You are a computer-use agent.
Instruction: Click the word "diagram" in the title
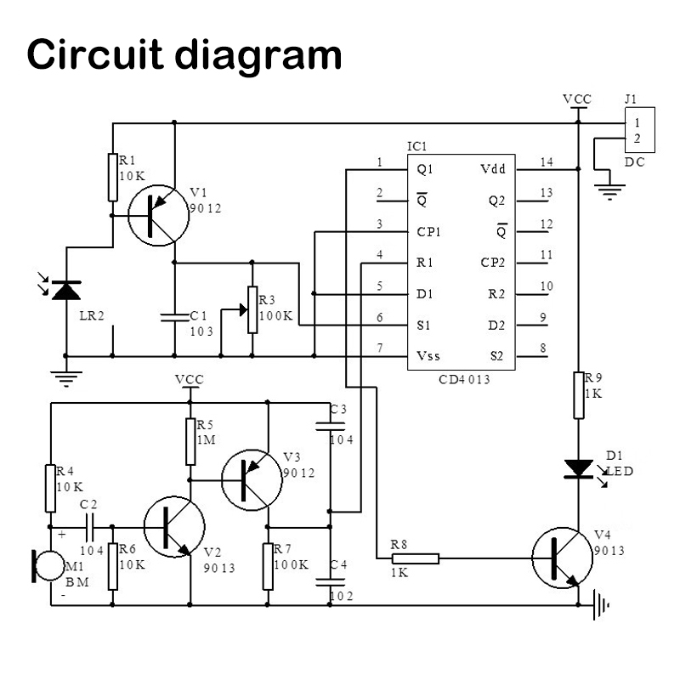(259, 55)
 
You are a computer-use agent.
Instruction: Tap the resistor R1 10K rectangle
(112, 178)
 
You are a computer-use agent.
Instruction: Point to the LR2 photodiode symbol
(65, 290)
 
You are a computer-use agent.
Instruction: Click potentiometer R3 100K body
(252, 310)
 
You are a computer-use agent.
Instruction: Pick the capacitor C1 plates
(174, 317)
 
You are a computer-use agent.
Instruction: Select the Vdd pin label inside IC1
(492, 168)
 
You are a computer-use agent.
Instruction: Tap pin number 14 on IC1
(546, 162)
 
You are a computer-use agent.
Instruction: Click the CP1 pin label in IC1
(429, 231)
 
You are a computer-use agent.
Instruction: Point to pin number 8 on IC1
(543, 348)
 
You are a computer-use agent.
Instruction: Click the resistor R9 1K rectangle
(578, 395)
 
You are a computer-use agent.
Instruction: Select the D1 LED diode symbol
(578, 467)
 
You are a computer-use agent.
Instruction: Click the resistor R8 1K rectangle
(416, 558)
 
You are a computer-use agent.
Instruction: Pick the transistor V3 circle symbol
(252, 479)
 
